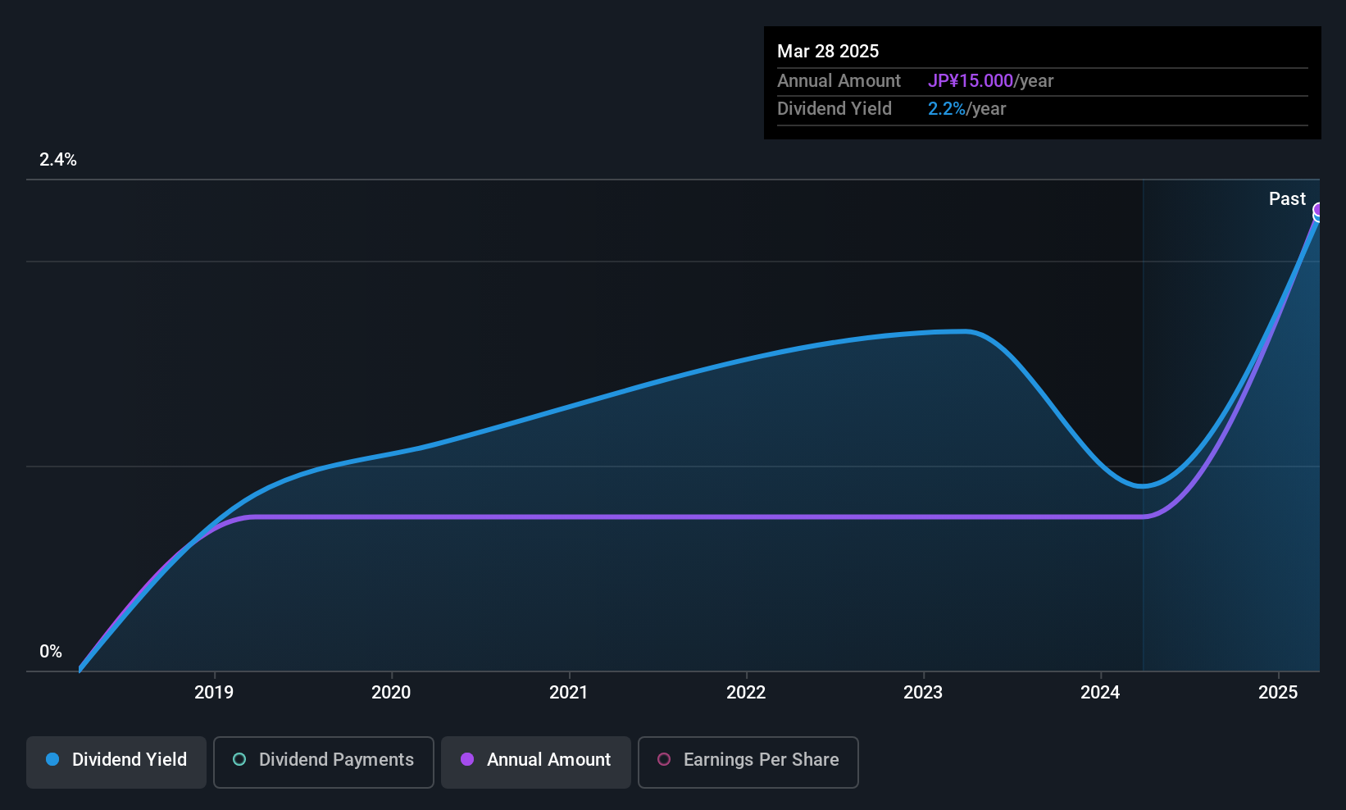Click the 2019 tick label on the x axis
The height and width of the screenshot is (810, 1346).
214,692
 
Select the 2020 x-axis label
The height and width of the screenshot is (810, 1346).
391,692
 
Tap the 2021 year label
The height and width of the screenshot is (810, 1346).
568,692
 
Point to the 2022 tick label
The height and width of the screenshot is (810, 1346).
746,692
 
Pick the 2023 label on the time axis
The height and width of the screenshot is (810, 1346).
924,692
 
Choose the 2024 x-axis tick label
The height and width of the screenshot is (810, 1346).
1100,692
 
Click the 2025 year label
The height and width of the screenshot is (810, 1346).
1278,692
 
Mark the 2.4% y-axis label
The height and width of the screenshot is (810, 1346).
58,160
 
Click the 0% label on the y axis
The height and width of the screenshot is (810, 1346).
51,652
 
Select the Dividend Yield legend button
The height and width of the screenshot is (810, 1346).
116,762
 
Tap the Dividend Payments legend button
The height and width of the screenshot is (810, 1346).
323,762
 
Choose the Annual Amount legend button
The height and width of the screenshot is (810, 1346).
536,762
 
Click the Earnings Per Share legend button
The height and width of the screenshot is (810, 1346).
748,762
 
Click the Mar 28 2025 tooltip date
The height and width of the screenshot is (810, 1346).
828,51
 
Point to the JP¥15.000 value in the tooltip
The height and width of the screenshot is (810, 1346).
971,80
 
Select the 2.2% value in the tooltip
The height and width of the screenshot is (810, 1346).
947,109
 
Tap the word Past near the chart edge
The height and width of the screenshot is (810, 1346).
1287,199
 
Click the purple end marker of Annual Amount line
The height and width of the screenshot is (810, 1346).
1318,210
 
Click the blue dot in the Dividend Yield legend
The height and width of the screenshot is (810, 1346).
53,759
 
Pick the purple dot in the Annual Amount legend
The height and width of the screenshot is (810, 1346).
467,759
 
